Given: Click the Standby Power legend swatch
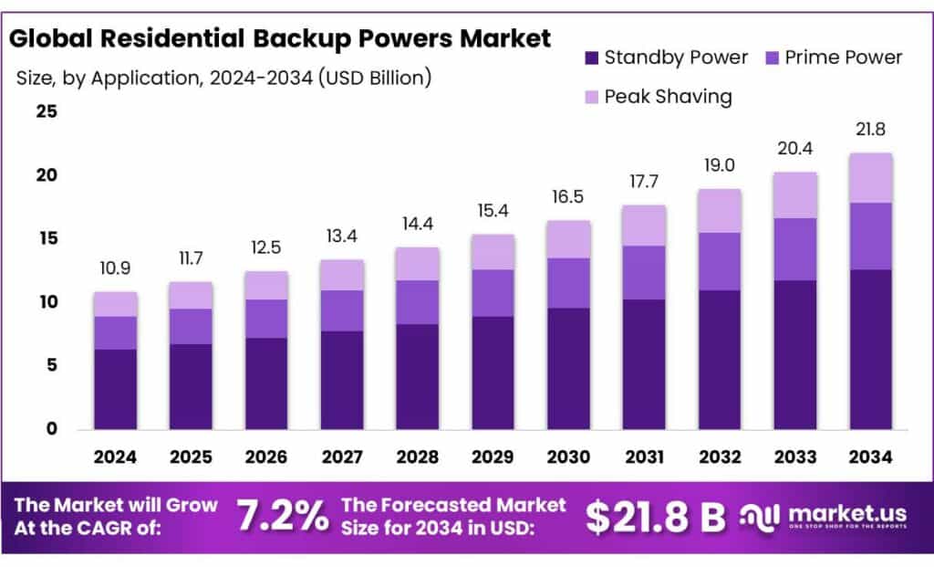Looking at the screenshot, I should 590,58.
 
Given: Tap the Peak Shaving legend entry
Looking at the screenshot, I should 668,96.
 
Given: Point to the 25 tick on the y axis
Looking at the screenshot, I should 46,112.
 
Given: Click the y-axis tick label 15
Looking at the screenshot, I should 46,238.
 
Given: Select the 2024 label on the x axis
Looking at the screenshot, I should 116,456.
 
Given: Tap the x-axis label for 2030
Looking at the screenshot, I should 568,456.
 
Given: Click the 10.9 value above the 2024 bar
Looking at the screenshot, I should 116,269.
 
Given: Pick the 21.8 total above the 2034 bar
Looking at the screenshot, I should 870,131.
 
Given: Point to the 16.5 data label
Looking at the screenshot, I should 568,197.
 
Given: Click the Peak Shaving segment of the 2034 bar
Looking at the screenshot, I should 870,178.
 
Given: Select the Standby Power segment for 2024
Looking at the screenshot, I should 116,389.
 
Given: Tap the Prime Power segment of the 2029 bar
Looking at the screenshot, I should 493,293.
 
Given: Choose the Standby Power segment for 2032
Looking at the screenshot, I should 720,360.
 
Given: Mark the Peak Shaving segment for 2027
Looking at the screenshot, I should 342,275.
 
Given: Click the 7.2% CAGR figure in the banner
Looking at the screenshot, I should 282,517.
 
